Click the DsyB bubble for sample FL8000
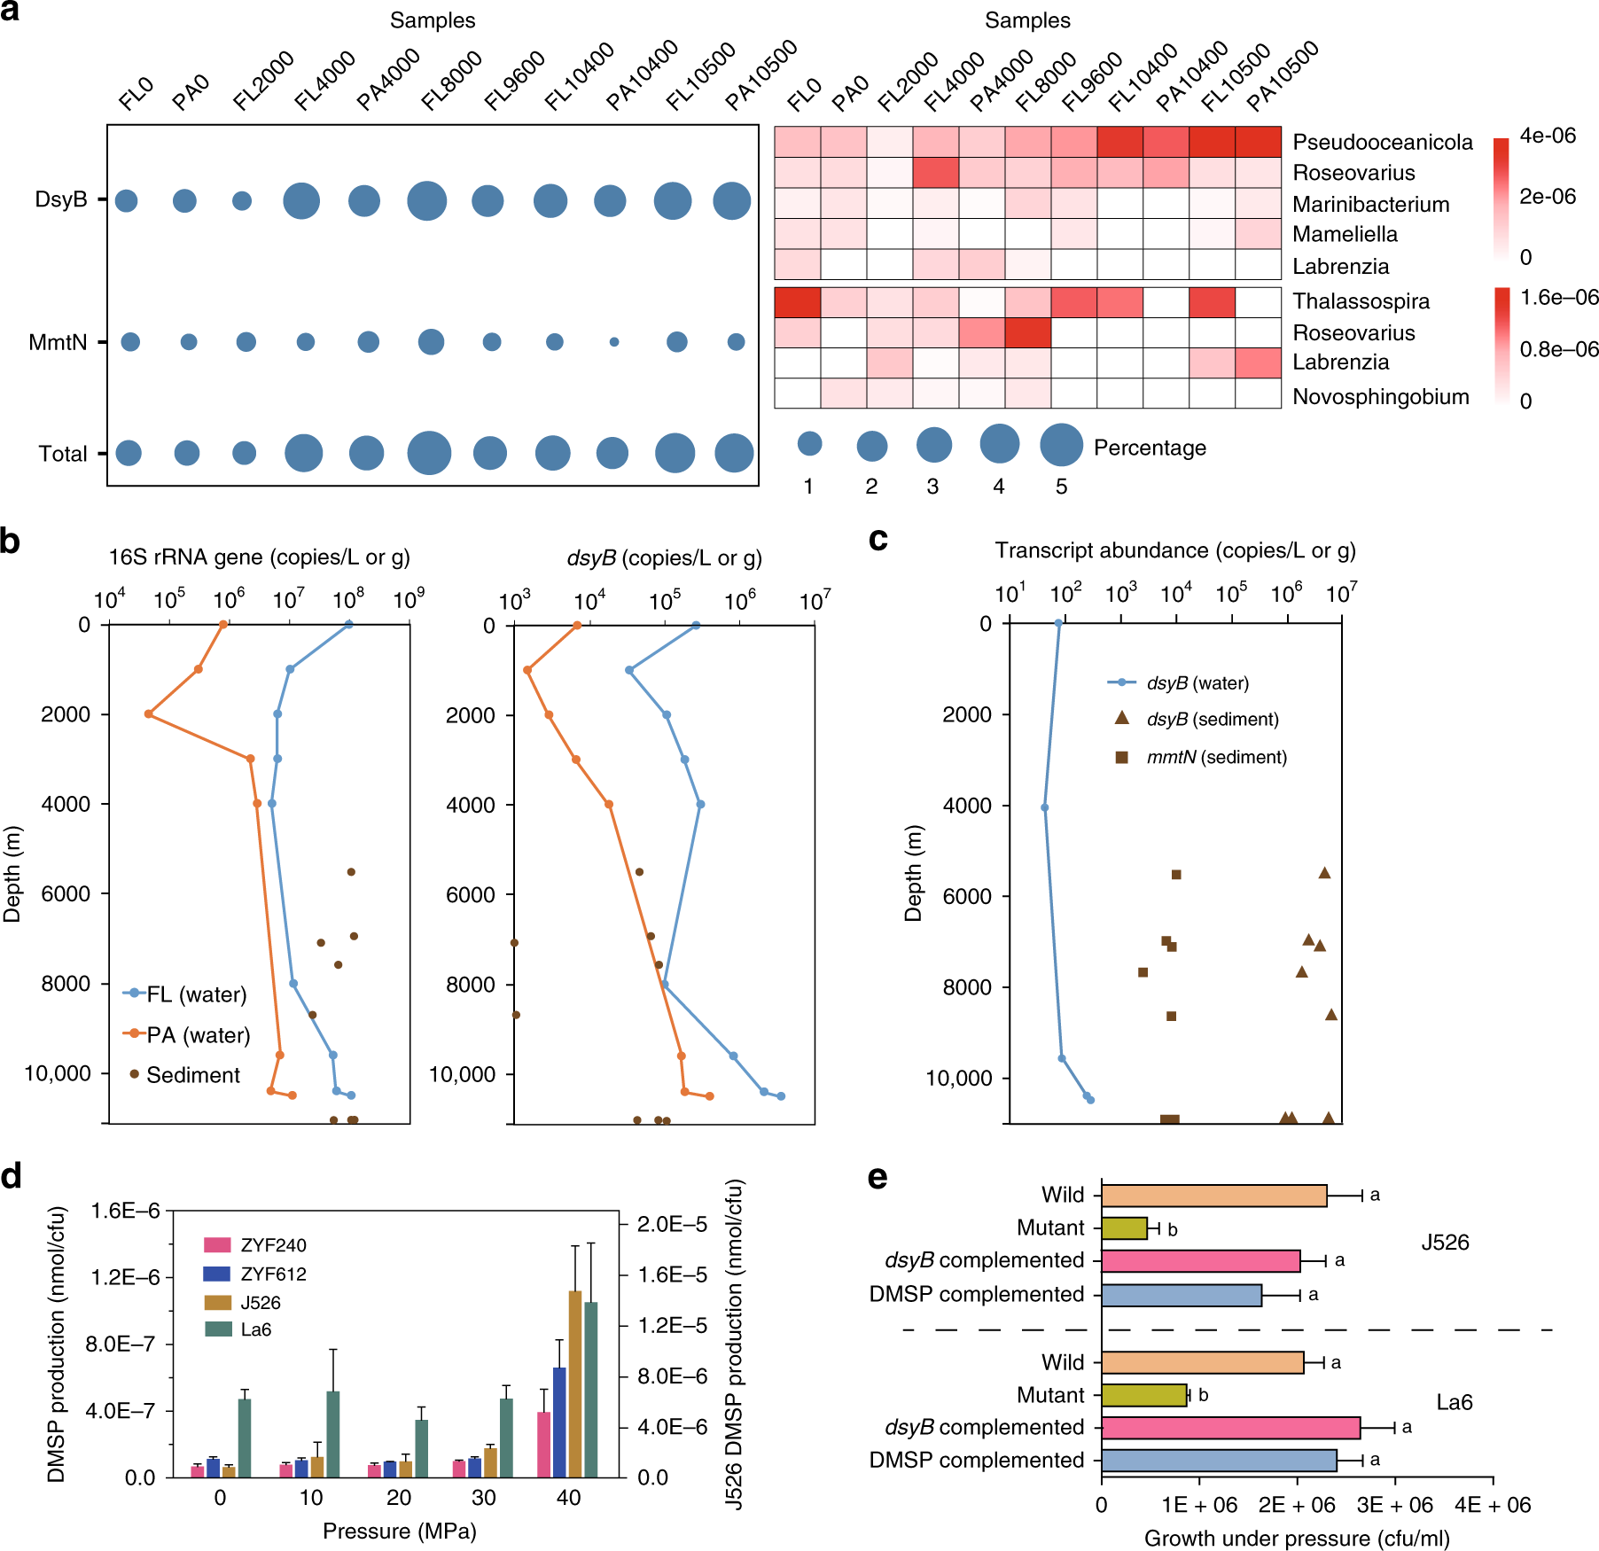coord(427,201)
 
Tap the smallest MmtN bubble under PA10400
coord(614,342)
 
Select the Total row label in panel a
coord(63,454)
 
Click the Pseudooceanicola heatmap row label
coord(1382,143)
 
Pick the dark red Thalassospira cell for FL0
coord(797,302)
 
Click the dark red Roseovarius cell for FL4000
coord(935,173)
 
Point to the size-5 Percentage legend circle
coord(1061,444)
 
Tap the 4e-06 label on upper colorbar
coord(1548,136)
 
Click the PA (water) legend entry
coord(198,1035)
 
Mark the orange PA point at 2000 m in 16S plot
coord(149,713)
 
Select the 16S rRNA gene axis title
coord(259,557)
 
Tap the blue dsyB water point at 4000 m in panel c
coord(1044,807)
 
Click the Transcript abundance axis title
coord(1174,550)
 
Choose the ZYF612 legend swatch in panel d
coord(217,1274)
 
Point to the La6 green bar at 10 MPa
coord(333,1434)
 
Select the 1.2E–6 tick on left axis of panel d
coord(124,1277)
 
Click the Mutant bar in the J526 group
coord(1124,1228)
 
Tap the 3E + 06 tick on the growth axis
coord(1395,1505)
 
